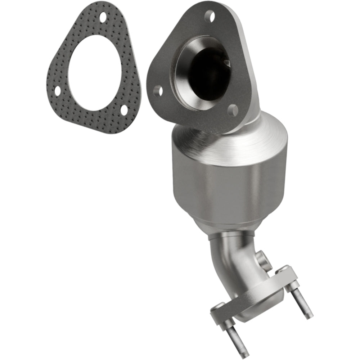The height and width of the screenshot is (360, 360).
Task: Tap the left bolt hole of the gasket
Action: (x=57, y=91)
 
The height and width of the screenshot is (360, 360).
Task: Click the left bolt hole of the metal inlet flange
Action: (x=158, y=91)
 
